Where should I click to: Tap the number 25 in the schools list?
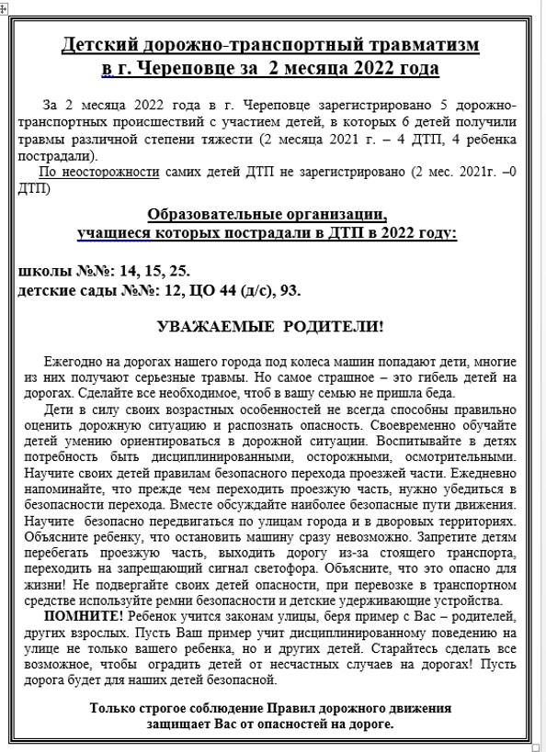(x=176, y=271)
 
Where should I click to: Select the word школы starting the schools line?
(x=43, y=271)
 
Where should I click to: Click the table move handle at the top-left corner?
(x=6, y=6)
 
